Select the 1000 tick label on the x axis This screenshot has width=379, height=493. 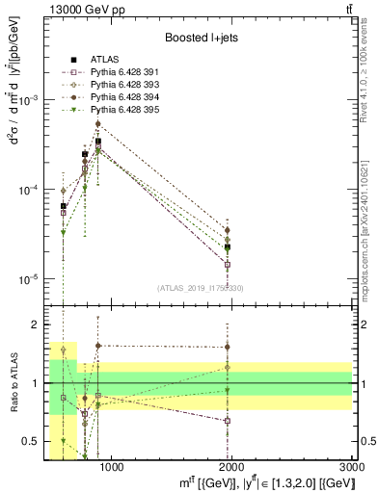tap(111, 467)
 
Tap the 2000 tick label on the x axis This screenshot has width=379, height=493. tap(231, 467)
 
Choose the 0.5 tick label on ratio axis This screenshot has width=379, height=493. tap(29, 442)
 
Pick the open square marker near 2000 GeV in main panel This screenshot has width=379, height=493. tap(228, 264)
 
